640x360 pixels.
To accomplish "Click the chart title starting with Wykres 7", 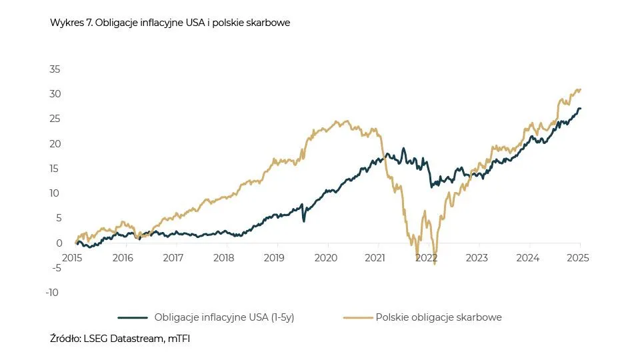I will point(170,23).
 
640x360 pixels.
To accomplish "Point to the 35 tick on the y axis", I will point(55,69).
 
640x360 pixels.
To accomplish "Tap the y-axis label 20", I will point(55,143).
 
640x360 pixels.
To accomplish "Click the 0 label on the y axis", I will point(58,243).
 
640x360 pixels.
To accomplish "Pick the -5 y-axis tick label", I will point(55,267).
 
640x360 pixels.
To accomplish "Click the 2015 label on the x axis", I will point(72,257).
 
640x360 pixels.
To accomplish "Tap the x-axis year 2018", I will point(224,257).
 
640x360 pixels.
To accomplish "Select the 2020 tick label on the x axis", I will point(326,257).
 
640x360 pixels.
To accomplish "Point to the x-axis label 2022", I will point(427,257).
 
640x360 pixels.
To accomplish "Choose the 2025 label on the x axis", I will point(579,257).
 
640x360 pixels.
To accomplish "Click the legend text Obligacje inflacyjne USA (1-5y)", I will point(224,317).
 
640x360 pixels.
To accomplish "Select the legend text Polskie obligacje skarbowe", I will point(439,317).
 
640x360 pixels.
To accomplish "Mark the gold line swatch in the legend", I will point(358,318).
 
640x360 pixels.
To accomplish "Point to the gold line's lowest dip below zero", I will point(435,264).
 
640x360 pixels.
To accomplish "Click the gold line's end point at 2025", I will point(580,89).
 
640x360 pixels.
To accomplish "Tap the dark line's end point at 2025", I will point(580,109).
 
